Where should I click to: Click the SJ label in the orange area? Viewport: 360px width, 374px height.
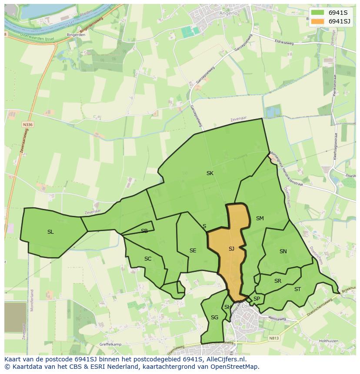[231, 249]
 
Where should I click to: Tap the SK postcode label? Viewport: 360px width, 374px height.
[210, 173]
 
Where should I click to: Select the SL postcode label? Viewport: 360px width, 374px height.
[50, 232]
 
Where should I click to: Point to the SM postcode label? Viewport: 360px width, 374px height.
[260, 218]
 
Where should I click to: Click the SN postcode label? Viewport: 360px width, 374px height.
[283, 252]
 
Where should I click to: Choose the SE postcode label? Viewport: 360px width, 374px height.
[193, 251]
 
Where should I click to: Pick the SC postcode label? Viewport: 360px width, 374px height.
[148, 259]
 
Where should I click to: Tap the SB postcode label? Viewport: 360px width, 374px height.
[144, 231]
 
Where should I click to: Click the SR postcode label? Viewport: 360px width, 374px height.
[278, 281]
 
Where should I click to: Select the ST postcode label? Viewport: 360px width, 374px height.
[297, 289]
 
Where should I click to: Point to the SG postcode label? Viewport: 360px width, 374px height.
[214, 318]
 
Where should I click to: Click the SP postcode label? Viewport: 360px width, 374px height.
[257, 299]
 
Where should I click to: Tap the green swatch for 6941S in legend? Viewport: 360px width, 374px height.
[318, 13]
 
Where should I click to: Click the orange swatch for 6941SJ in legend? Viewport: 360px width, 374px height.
[318, 21]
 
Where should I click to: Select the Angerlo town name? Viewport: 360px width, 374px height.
[229, 13]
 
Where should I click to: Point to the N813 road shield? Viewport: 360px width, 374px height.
[273, 338]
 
